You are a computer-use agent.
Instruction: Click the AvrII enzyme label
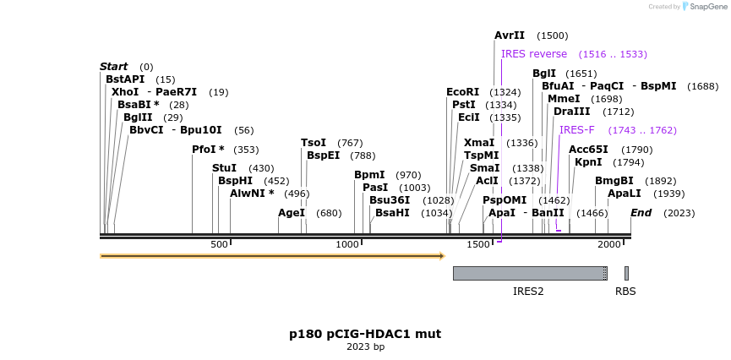click(510, 35)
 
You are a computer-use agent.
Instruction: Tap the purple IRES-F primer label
click(577, 130)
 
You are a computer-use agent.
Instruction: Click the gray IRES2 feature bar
click(529, 273)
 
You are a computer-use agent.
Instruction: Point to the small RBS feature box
click(626, 273)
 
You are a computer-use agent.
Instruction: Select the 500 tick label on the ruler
click(219, 245)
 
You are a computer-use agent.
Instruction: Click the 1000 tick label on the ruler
click(348, 245)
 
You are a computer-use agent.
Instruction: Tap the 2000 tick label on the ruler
click(609, 245)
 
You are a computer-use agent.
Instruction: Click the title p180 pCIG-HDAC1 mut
click(365, 334)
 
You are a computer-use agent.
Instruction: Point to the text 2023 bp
click(365, 347)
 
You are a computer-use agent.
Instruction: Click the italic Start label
click(114, 67)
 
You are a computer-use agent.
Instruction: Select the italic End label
click(641, 213)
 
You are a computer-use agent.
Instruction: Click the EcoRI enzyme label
click(462, 92)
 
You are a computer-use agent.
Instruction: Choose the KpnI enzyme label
click(588, 162)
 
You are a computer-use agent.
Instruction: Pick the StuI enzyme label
click(224, 168)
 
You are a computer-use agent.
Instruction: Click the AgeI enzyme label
click(292, 213)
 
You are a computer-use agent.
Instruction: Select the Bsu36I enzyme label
click(390, 200)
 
